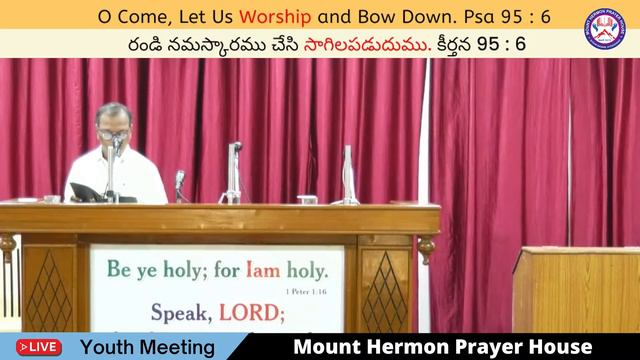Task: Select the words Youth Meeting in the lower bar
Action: point(147,347)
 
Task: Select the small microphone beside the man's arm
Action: point(180,182)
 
